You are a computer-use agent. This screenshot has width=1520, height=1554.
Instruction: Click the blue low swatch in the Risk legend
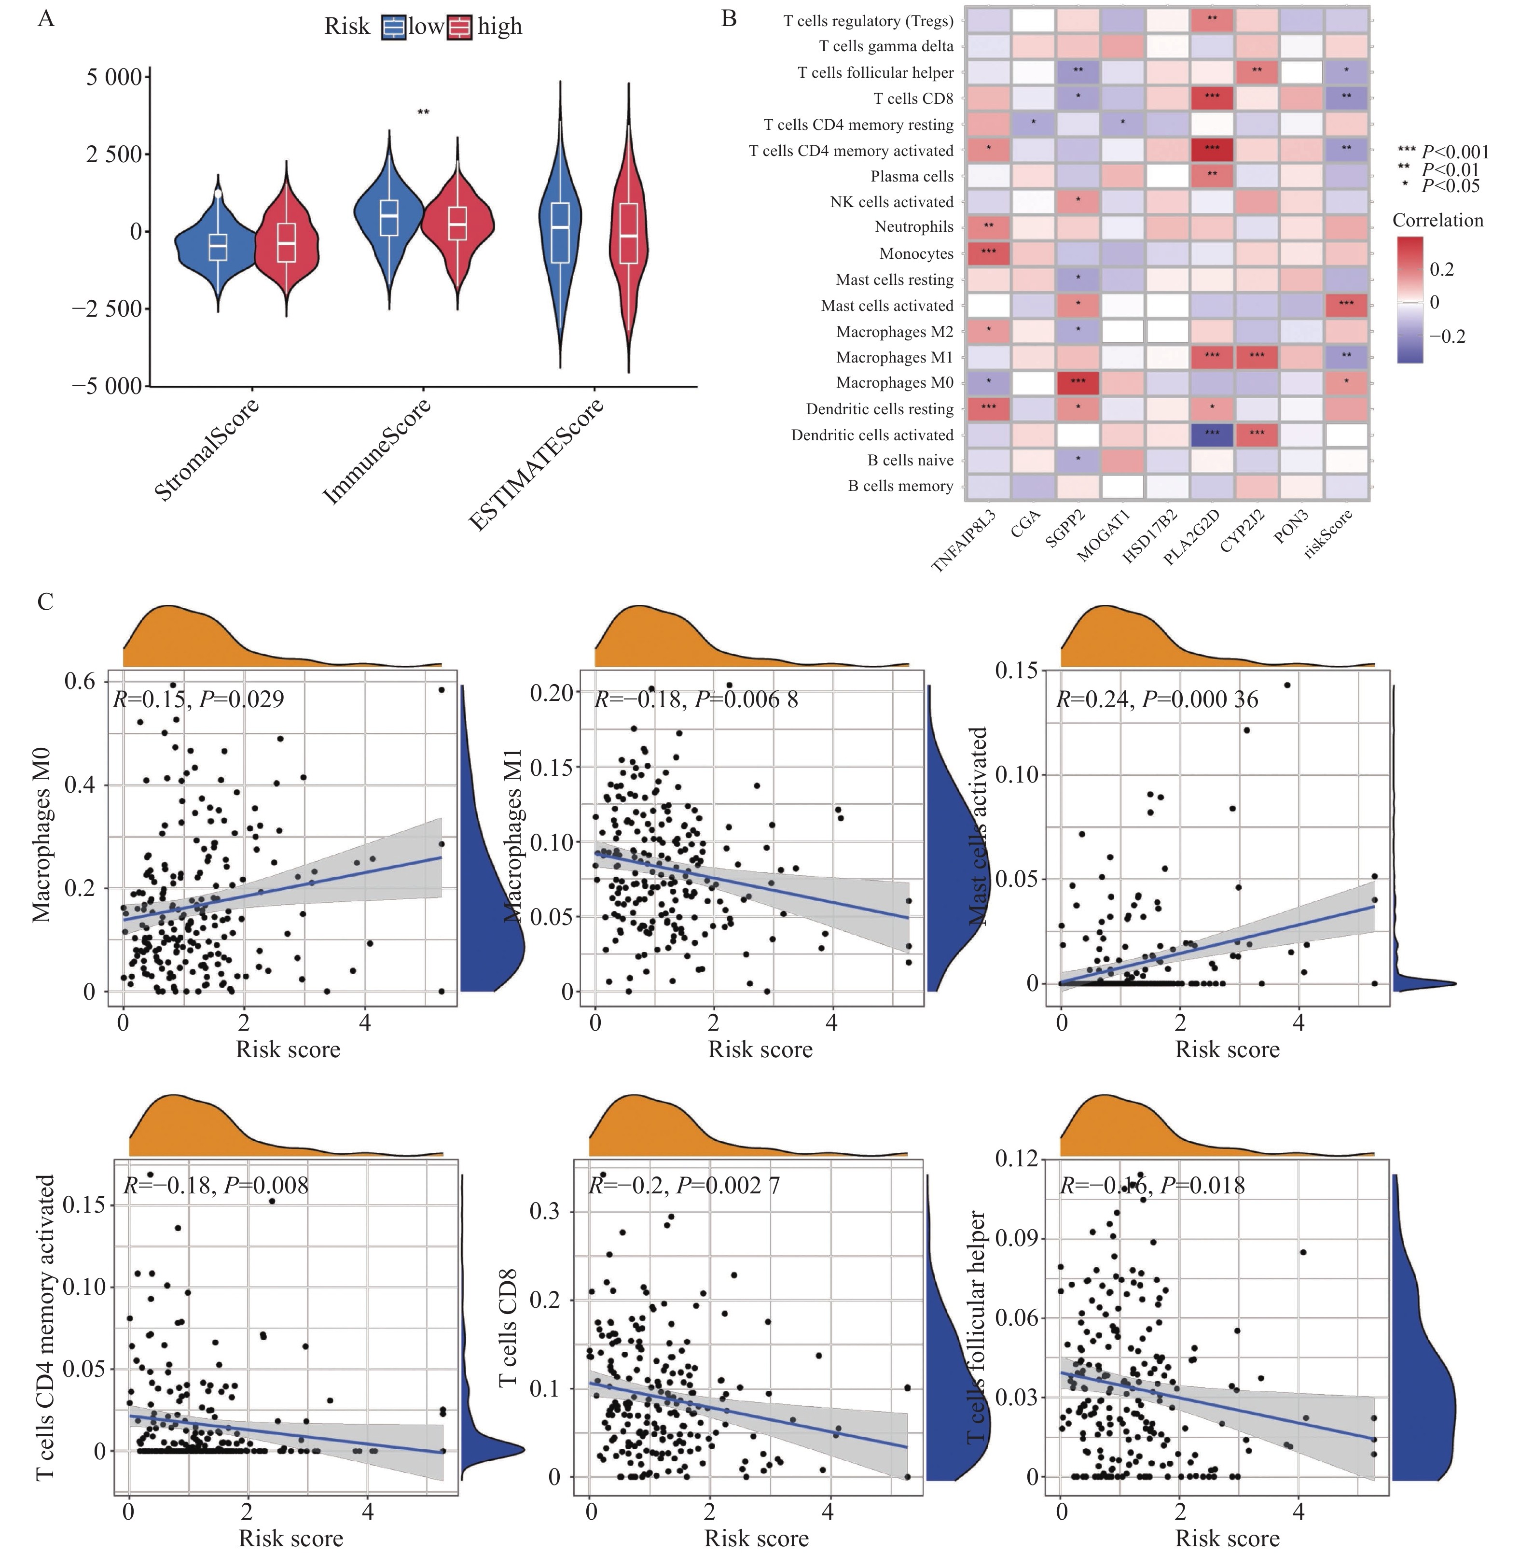pyautogui.click(x=394, y=27)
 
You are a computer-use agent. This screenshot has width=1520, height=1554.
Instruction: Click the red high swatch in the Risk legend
pyautogui.click(x=460, y=27)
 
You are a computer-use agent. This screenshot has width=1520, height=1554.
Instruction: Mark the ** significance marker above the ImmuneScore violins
pyautogui.click(x=423, y=112)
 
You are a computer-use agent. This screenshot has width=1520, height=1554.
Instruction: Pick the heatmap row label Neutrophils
pyautogui.click(x=914, y=227)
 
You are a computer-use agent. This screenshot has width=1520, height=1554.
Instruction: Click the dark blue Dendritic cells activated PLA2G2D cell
pyautogui.click(x=1212, y=434)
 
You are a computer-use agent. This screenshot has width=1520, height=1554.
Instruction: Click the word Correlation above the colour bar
pyautogui.click(x=1438, y=221)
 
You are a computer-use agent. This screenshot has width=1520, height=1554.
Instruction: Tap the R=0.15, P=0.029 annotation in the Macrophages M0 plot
pyautogui.click(x=198, y=700)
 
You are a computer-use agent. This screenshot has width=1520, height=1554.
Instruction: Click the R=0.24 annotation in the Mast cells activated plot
pyautogui.click(x=1156, y=700)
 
